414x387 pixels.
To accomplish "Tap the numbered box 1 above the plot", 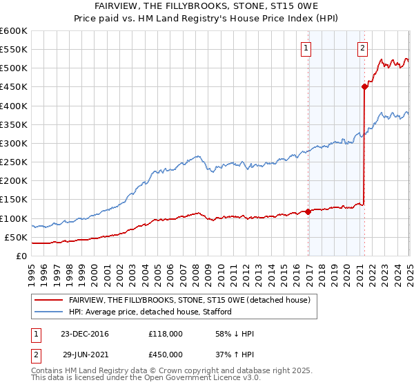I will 305,48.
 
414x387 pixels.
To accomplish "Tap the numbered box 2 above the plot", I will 362,48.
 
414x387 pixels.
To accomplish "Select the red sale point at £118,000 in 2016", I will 308,211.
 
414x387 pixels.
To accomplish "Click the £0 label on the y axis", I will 21,256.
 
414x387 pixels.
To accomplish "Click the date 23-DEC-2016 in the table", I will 85,334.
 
